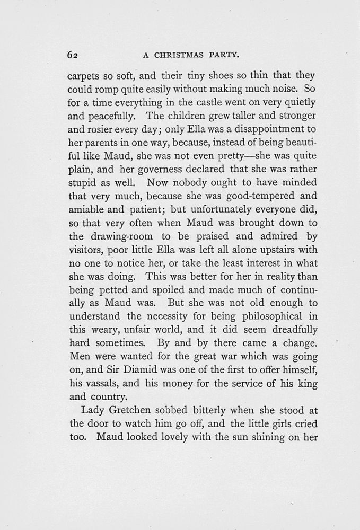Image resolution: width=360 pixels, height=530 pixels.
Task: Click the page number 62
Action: point(73,54)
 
